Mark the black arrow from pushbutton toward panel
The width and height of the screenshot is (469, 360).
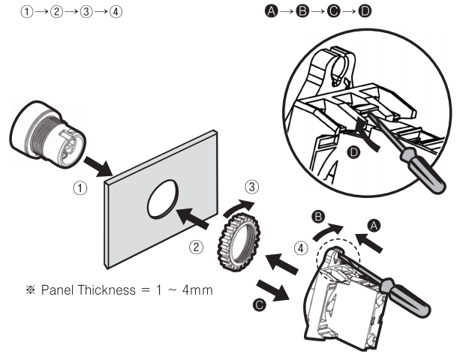98,166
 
